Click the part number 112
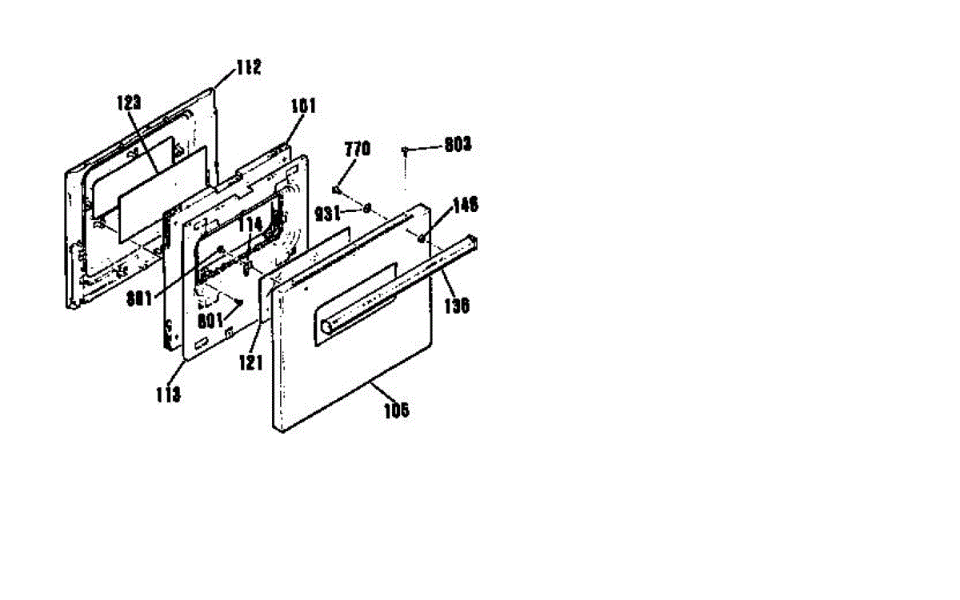(248, 69)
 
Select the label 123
(129, 102)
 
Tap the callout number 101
(304, 105)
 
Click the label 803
(458, 146)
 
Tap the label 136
(458, 306)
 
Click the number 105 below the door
(396, 411)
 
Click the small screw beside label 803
(406, 150)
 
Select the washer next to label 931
(367, 209)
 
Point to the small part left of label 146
(422, 236)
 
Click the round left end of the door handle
(326, 326)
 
